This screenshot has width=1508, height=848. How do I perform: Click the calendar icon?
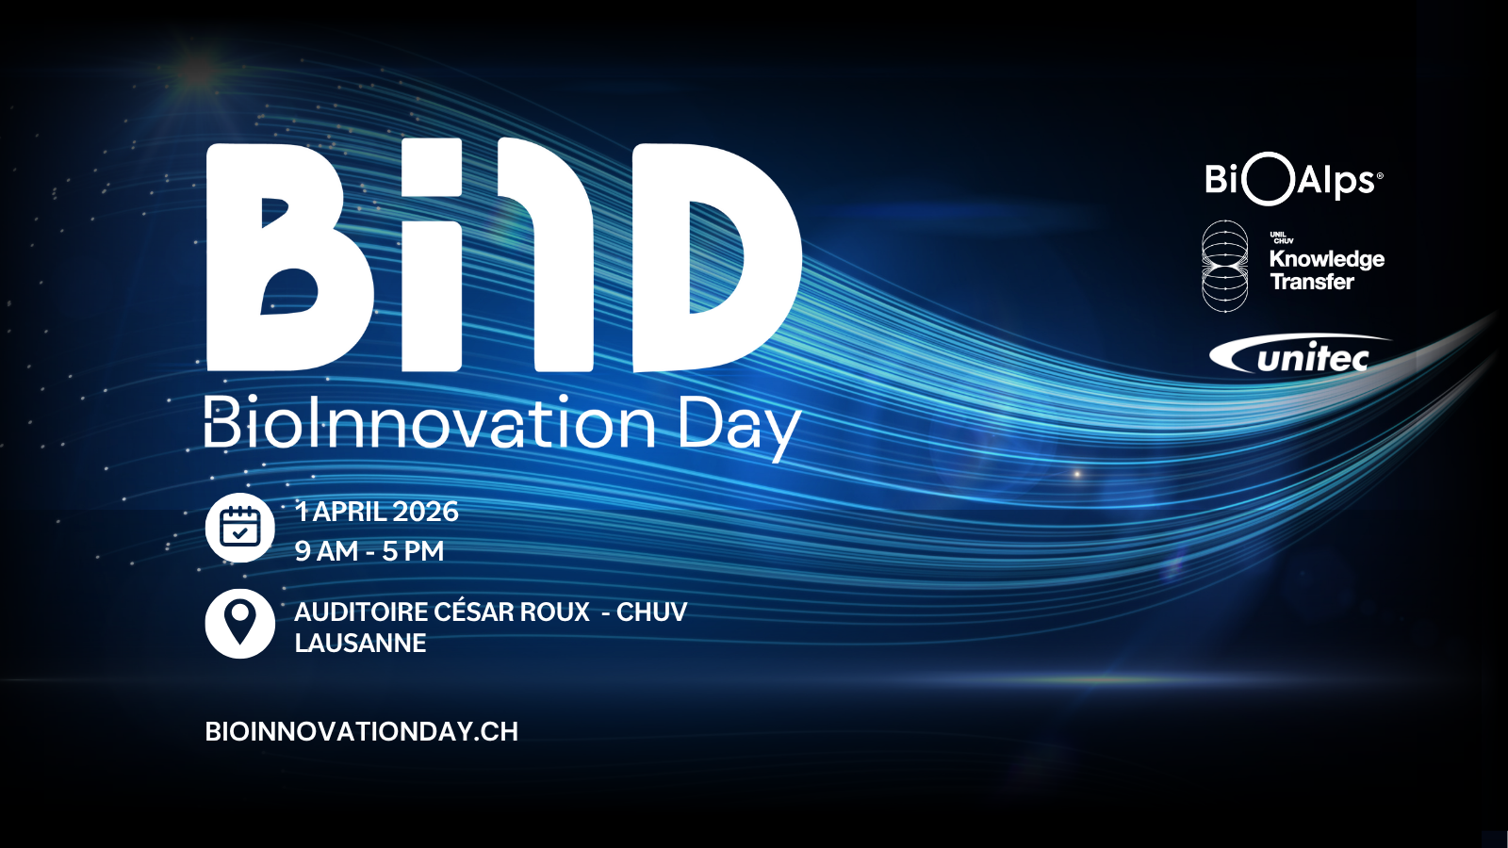(239, 528)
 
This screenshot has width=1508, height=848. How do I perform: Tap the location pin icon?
(239, 623)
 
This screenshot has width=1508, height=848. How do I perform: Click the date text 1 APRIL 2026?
(377, 512)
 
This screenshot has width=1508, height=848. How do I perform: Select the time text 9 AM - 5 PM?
(369, 551)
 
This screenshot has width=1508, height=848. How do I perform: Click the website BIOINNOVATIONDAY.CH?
(362, 731)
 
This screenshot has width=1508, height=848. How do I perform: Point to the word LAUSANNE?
(360, 644)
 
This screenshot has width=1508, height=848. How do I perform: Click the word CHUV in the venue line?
(651, 612)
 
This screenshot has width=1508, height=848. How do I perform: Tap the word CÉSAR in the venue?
(470, 612)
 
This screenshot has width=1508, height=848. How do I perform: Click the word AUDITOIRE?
(362, 612)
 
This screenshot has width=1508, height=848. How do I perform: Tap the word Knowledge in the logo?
(1327, 259)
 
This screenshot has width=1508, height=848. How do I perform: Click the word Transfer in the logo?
(1311, 282)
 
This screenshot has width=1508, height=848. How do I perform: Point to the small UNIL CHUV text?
(1281, 237)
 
